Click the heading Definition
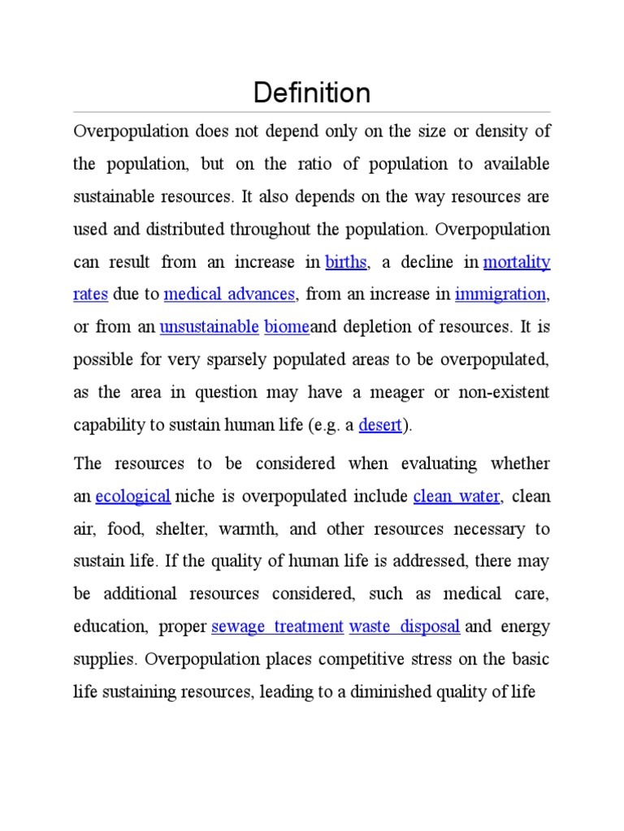(311, 93)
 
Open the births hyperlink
(346, 262)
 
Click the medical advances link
(229, 295)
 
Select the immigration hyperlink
(500, 295)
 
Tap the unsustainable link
(209, 327)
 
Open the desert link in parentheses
(380, 425)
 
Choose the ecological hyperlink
(132, 496)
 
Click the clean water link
(457, 496)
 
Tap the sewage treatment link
(277, 626)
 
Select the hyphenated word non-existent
(503, 393)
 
